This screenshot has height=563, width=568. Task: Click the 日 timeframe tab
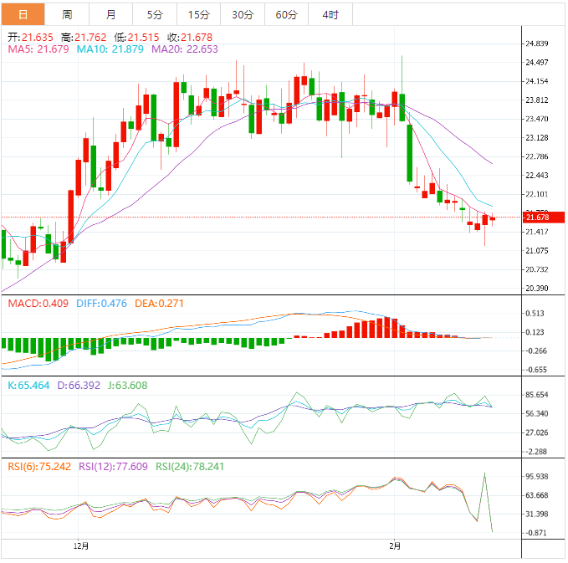point(23,14)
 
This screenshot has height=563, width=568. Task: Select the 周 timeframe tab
point(67,14)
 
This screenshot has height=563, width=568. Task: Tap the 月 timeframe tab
point(110,14)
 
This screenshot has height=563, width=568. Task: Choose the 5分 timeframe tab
point(155,14)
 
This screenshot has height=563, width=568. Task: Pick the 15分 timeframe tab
point(199,14)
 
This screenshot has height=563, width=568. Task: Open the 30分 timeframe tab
point(243,14)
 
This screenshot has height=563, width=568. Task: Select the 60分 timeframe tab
point(286,14)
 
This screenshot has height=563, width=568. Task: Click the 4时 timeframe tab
point(330,14)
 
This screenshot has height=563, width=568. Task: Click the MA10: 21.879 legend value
point(110,49)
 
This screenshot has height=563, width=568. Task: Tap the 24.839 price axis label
point(535,44)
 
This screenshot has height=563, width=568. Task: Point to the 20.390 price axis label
point(535,289)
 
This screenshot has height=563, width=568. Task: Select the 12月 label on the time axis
point(81,546)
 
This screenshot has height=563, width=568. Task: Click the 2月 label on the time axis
point(395,546)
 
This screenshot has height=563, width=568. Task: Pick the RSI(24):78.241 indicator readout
point(173,467)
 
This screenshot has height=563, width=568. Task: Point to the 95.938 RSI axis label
point(535,476)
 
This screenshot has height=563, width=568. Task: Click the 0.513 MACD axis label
point(535,314)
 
